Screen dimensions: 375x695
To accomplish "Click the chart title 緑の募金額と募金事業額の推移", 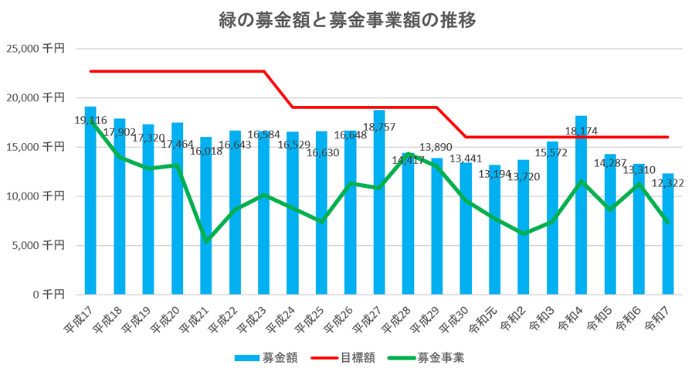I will click(347, 19).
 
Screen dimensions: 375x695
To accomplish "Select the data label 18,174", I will click(581, 131).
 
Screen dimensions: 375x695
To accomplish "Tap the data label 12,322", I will click(669, 183).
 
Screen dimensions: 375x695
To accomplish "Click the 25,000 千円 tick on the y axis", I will click(36, 49).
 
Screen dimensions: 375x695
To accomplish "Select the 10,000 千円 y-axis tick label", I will click(36, 196).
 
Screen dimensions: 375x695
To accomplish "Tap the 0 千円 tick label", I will click(47, 295).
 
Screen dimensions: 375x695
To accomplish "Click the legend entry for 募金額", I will click(266, 357).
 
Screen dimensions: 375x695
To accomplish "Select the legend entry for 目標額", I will click(348, 357).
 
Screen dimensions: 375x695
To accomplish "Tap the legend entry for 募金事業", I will click(429, 357).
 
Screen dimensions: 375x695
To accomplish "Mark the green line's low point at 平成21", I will click(206, 241).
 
